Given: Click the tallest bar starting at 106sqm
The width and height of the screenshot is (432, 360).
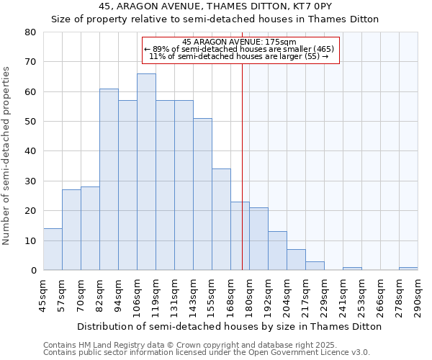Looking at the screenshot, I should [146, 172].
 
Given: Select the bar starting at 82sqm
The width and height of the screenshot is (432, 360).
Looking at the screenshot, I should [109, 179].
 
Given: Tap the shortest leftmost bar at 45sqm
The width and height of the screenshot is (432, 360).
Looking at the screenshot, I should [53, 249].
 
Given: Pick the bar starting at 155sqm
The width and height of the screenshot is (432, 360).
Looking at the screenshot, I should [221, 220].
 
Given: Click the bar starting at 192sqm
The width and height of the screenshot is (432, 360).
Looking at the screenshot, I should [277, 251].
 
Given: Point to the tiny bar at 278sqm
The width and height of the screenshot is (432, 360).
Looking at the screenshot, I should [408, 269].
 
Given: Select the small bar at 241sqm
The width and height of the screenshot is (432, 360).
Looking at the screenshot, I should [352, 269].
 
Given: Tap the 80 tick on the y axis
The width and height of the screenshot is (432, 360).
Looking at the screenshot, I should [30, 32].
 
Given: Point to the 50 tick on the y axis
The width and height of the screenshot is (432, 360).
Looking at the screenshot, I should [30, 122].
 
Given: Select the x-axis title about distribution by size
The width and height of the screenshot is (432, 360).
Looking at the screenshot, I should [229, 326].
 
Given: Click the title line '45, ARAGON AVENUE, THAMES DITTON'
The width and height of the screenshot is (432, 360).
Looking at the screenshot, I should [215, 6].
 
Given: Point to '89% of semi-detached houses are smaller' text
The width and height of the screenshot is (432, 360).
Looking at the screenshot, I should [240, 49].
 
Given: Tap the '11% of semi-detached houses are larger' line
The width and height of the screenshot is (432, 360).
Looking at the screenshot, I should [238, 56].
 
